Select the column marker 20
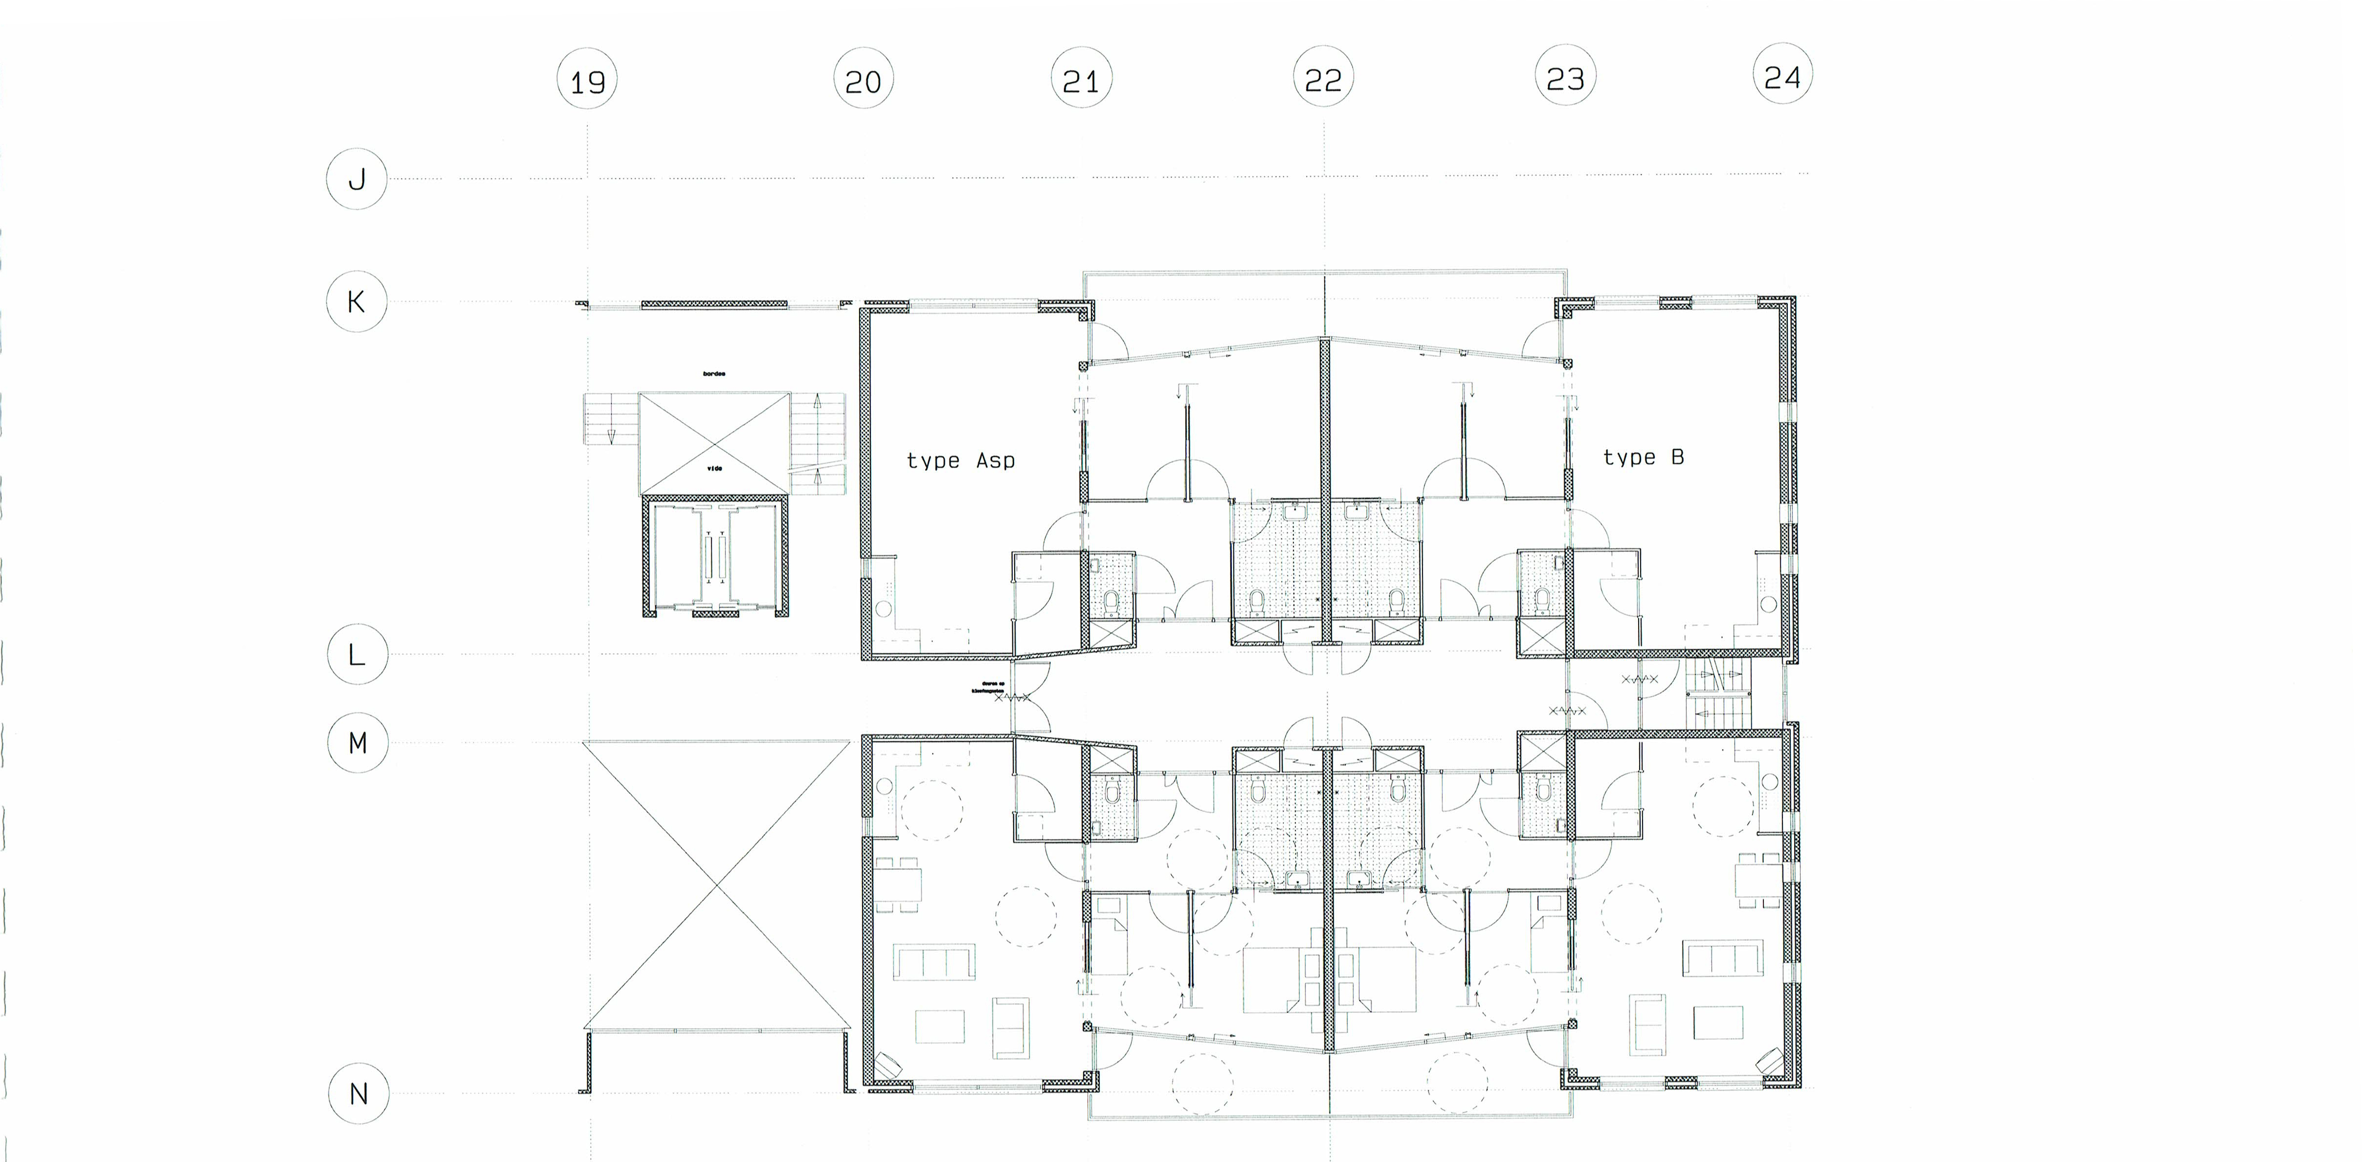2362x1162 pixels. (863, 81)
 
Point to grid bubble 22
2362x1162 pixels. (1323, 80)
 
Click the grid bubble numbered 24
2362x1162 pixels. (1783, 76)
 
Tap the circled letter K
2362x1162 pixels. (357, 301)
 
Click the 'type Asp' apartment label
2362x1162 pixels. (960, 460)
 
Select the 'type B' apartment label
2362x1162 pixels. (1643, 457)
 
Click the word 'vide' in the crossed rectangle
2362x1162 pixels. (714, 468)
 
